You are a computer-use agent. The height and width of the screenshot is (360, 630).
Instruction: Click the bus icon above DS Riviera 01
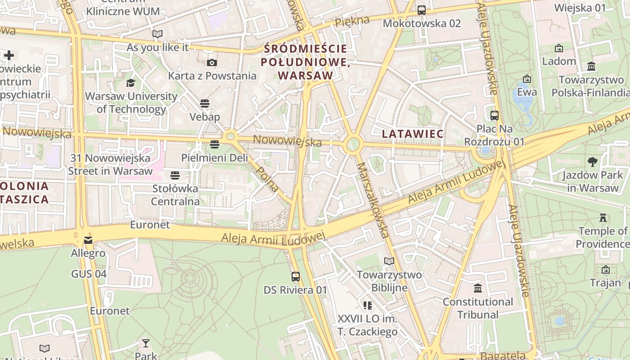(x=296, y=277)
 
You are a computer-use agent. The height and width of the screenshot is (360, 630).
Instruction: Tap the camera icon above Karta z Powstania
(x=212, y=63)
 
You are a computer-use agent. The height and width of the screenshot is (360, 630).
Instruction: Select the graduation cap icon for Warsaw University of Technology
(x=130, y=83)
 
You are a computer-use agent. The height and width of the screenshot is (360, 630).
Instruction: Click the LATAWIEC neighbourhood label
(x=413, y=134)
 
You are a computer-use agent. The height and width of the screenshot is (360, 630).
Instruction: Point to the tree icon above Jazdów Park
(x=593, y=162)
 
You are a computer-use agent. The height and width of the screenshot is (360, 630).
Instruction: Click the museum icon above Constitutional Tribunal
(x=478, y=288)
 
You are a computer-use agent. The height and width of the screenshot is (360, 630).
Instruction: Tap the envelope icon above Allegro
(x=88, y=240)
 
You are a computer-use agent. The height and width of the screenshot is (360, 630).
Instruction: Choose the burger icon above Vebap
(x=205, y=103)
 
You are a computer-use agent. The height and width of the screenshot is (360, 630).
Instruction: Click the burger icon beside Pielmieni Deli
(x=214, y=144)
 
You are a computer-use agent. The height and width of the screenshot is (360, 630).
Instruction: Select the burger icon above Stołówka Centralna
(x=175, y=175)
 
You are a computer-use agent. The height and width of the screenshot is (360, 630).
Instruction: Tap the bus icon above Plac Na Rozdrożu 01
(x=495, y=116)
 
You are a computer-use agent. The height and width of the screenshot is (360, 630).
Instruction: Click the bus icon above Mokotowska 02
(x=422, y=10)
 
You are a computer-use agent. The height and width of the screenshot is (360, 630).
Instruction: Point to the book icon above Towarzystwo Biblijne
(x=389, y=261)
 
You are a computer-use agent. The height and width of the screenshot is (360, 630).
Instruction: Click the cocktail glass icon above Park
(x=145, y=344)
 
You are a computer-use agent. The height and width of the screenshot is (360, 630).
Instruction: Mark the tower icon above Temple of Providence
(x=603, y=218)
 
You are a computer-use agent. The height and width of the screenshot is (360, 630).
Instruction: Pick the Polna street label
(x=267, y=180)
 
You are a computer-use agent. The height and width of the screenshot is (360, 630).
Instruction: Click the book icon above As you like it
(x=157, y=34)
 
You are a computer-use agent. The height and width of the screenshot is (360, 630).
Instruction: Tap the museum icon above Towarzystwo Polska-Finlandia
(x=591, y=67)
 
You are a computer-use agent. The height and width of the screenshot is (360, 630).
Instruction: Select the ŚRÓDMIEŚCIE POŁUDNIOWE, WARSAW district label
(x=306, y=62)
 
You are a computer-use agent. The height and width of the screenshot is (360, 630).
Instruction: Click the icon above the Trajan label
(x=606, y=270)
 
